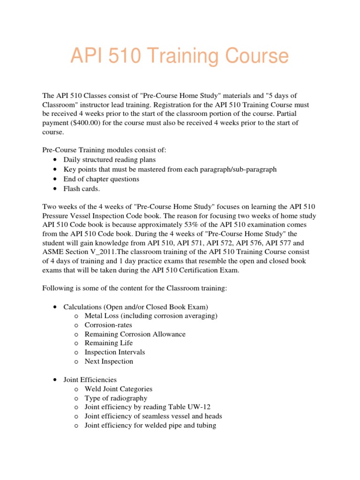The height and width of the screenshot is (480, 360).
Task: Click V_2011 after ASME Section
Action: click(104, 252)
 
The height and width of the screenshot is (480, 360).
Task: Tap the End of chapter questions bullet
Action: click(101, 179)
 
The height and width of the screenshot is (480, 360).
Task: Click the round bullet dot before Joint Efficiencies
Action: click(56, 380)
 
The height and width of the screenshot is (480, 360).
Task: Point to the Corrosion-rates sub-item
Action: click(108, 325)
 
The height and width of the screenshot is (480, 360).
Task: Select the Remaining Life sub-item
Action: click(109, 343)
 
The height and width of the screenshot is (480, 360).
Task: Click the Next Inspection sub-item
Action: click(109, 361)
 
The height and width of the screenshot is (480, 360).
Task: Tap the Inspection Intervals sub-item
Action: click(115, 352)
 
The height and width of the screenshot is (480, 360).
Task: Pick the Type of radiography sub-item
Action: click(116, 398)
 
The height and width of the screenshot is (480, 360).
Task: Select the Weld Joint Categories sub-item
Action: click(119, 389)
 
